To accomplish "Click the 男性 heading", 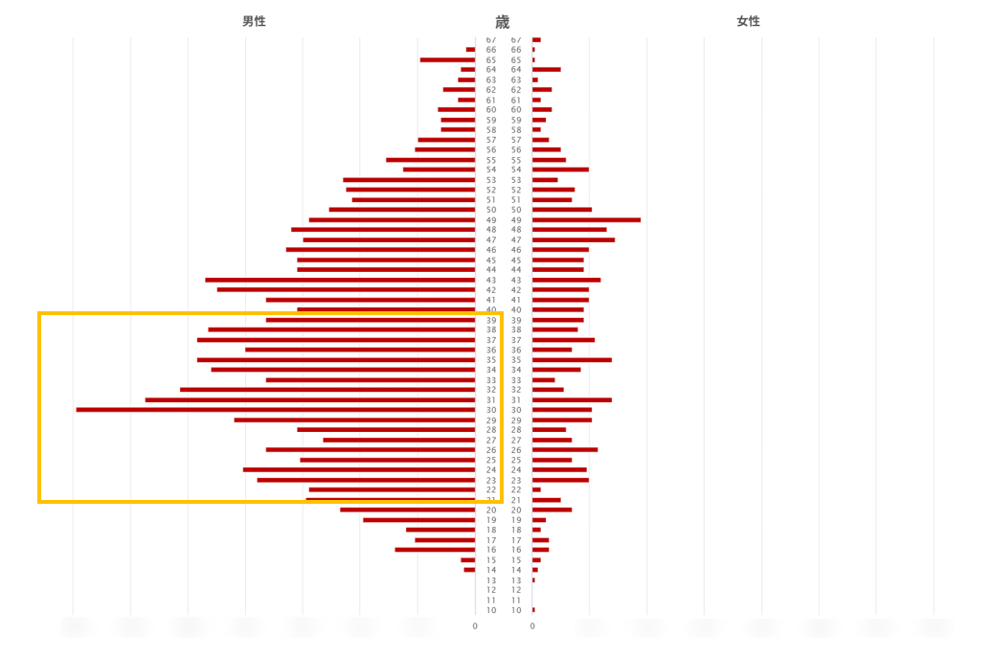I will point(254,21).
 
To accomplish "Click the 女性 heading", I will point(748,21).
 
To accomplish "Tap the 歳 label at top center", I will point(503,22).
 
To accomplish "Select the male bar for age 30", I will point(275,410).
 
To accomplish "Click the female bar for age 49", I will point(586,220).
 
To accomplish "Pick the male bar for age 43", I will point(340,280).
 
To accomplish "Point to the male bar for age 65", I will point(447,60).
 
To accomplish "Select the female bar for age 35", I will point(572,360).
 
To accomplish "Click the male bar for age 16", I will point(435,550).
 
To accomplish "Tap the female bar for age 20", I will point(552,510).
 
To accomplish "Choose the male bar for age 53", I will point(409,180).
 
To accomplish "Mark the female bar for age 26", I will point(565,450).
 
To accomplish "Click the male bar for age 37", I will point(336,340).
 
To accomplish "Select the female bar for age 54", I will point(560,170).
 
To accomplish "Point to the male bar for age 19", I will point(418,520).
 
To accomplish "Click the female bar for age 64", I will point(546,70).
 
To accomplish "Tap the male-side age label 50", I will point(491,210).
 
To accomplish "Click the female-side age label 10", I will point(516,610).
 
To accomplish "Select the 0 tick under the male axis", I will point(475,626).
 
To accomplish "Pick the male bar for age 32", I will point(327,390).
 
